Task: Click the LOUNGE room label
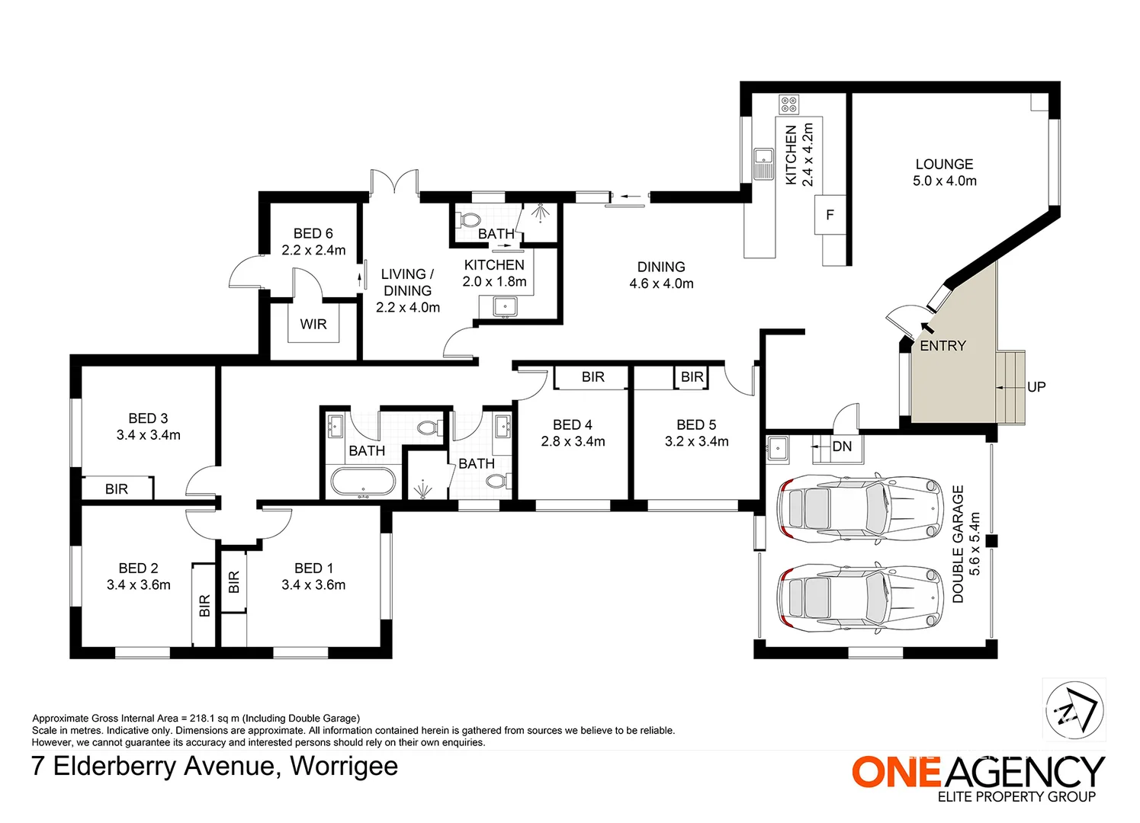944,165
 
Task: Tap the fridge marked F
830,215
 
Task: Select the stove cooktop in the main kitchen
788,105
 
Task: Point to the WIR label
313,324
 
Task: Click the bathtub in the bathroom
363,481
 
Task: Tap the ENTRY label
943,346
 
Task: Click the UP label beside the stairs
1036,387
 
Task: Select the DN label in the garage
842,447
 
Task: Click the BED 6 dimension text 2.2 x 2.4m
313,250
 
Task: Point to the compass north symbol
1074,710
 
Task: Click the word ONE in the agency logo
897,772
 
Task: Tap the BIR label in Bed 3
117,489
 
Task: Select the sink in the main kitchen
763,164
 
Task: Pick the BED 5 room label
696,424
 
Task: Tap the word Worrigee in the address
344,767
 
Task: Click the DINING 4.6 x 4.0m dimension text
662,283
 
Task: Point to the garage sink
778,450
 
